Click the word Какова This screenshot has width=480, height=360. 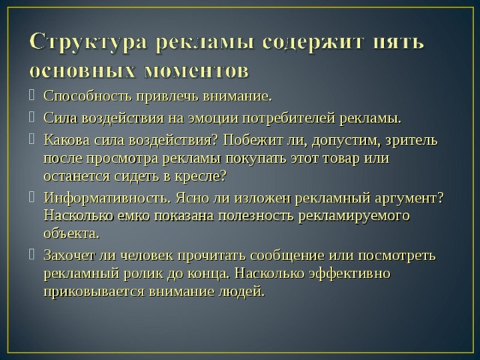point(65,140)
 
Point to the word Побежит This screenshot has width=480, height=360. point(262,140)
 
